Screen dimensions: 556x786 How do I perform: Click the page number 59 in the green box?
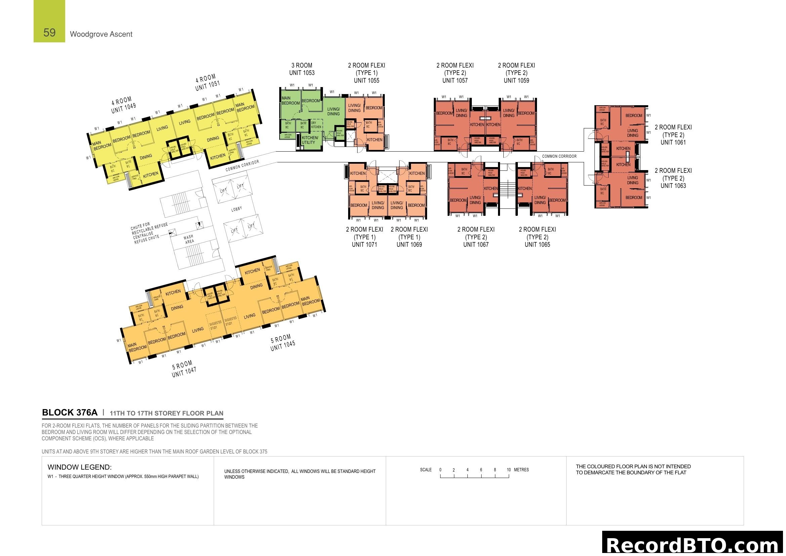49,33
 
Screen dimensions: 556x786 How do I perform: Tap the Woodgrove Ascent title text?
101,34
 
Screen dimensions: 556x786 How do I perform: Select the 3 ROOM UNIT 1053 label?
301,69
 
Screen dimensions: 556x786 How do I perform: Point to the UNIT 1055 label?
366,80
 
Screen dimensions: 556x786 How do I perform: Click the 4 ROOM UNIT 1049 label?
123,105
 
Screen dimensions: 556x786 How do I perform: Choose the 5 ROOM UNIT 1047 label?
183,369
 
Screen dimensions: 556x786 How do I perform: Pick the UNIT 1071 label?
364,244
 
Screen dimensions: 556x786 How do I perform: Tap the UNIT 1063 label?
673,186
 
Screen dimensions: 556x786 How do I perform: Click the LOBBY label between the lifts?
237,209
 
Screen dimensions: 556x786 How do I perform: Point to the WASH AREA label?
189,239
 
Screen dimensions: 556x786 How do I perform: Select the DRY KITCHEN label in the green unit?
316,125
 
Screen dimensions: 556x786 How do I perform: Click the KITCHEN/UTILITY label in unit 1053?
310,140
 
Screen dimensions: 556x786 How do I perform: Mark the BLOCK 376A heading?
70,412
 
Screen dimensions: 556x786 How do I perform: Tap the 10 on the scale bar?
509,470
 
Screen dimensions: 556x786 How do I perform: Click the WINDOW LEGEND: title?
79,467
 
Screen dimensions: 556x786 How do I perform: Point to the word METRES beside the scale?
522,470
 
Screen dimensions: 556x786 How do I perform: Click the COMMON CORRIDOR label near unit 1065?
559,156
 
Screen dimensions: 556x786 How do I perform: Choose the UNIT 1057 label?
455,80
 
